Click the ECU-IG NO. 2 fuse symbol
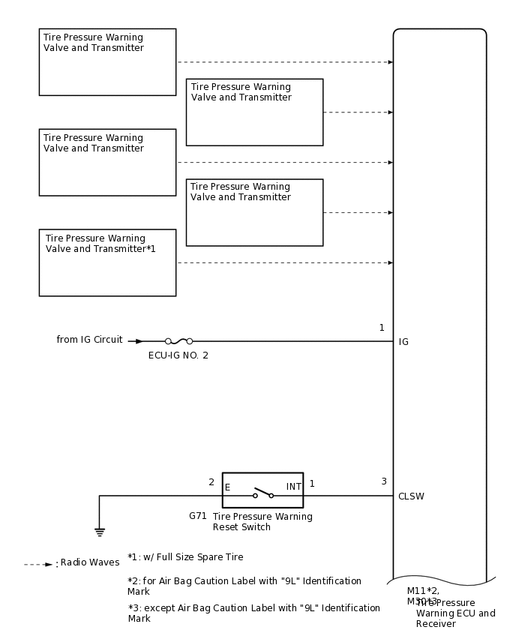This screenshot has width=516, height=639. click(x=178, y=341)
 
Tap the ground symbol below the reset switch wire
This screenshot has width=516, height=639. click(x=99, y=532)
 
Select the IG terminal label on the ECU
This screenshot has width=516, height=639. click(x=403, y=342)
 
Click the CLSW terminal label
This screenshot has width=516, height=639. click(x=411, y=496)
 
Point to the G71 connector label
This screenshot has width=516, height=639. click(x=198, y=516)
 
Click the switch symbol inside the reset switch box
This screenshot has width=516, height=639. click(x=262, y=493)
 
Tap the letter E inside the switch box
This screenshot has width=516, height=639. click(x=227, y=487)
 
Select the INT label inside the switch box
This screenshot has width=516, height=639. click(x=293, y=487)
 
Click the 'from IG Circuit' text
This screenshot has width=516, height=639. click(x=89, y=340)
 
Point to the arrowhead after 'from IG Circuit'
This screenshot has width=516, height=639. click(x=139, y=341)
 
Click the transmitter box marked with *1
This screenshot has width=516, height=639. click(x=107, y=262)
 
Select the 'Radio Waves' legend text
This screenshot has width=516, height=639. click(x=90, y=562)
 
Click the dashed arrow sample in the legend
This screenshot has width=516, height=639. click(x=38, y=564)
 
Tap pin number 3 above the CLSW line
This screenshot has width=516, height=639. click(x=384, y=481)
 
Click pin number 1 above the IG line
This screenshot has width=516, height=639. click(x=382, y=328)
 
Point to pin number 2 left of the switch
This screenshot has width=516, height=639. click(x=211, y=482)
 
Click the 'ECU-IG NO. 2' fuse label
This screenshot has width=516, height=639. click(x=178, y=355)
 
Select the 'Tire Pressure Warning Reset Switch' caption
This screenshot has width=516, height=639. click(x=262, y=521)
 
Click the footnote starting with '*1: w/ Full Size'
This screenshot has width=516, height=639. click(x=185, y=557)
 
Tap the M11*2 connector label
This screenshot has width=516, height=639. click(x=423, y=590)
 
